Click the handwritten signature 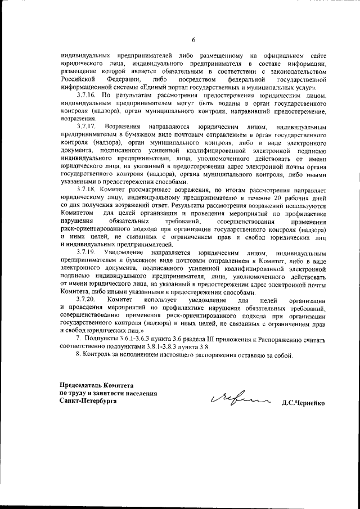point(237,401)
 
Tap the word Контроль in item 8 point(98,356)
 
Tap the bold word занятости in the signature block point(109,393)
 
